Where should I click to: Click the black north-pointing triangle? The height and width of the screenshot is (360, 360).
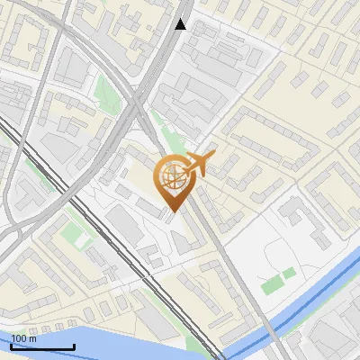pos(181,24)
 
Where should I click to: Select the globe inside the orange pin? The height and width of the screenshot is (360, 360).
pos(171,177)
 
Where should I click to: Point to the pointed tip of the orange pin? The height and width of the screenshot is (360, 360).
pos(171,212)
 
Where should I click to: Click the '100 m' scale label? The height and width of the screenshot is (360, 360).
pos(24,338)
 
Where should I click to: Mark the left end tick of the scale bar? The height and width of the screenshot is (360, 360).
pos(11,346)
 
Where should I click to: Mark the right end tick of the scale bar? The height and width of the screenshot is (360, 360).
pos(74,346)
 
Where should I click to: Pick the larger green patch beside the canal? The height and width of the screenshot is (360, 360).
pos(271,286)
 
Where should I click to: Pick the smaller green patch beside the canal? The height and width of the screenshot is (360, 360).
pos(289,274)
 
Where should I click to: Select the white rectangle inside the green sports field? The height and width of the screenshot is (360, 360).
pos(83,241)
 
